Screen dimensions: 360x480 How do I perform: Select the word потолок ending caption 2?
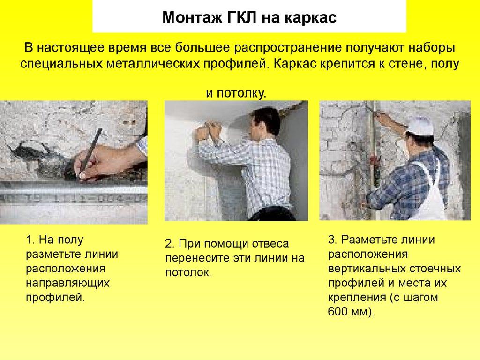pyautogui.click(x=187, y=272)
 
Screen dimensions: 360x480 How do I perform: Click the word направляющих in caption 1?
pyautogui.click(x=67, y=283)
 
